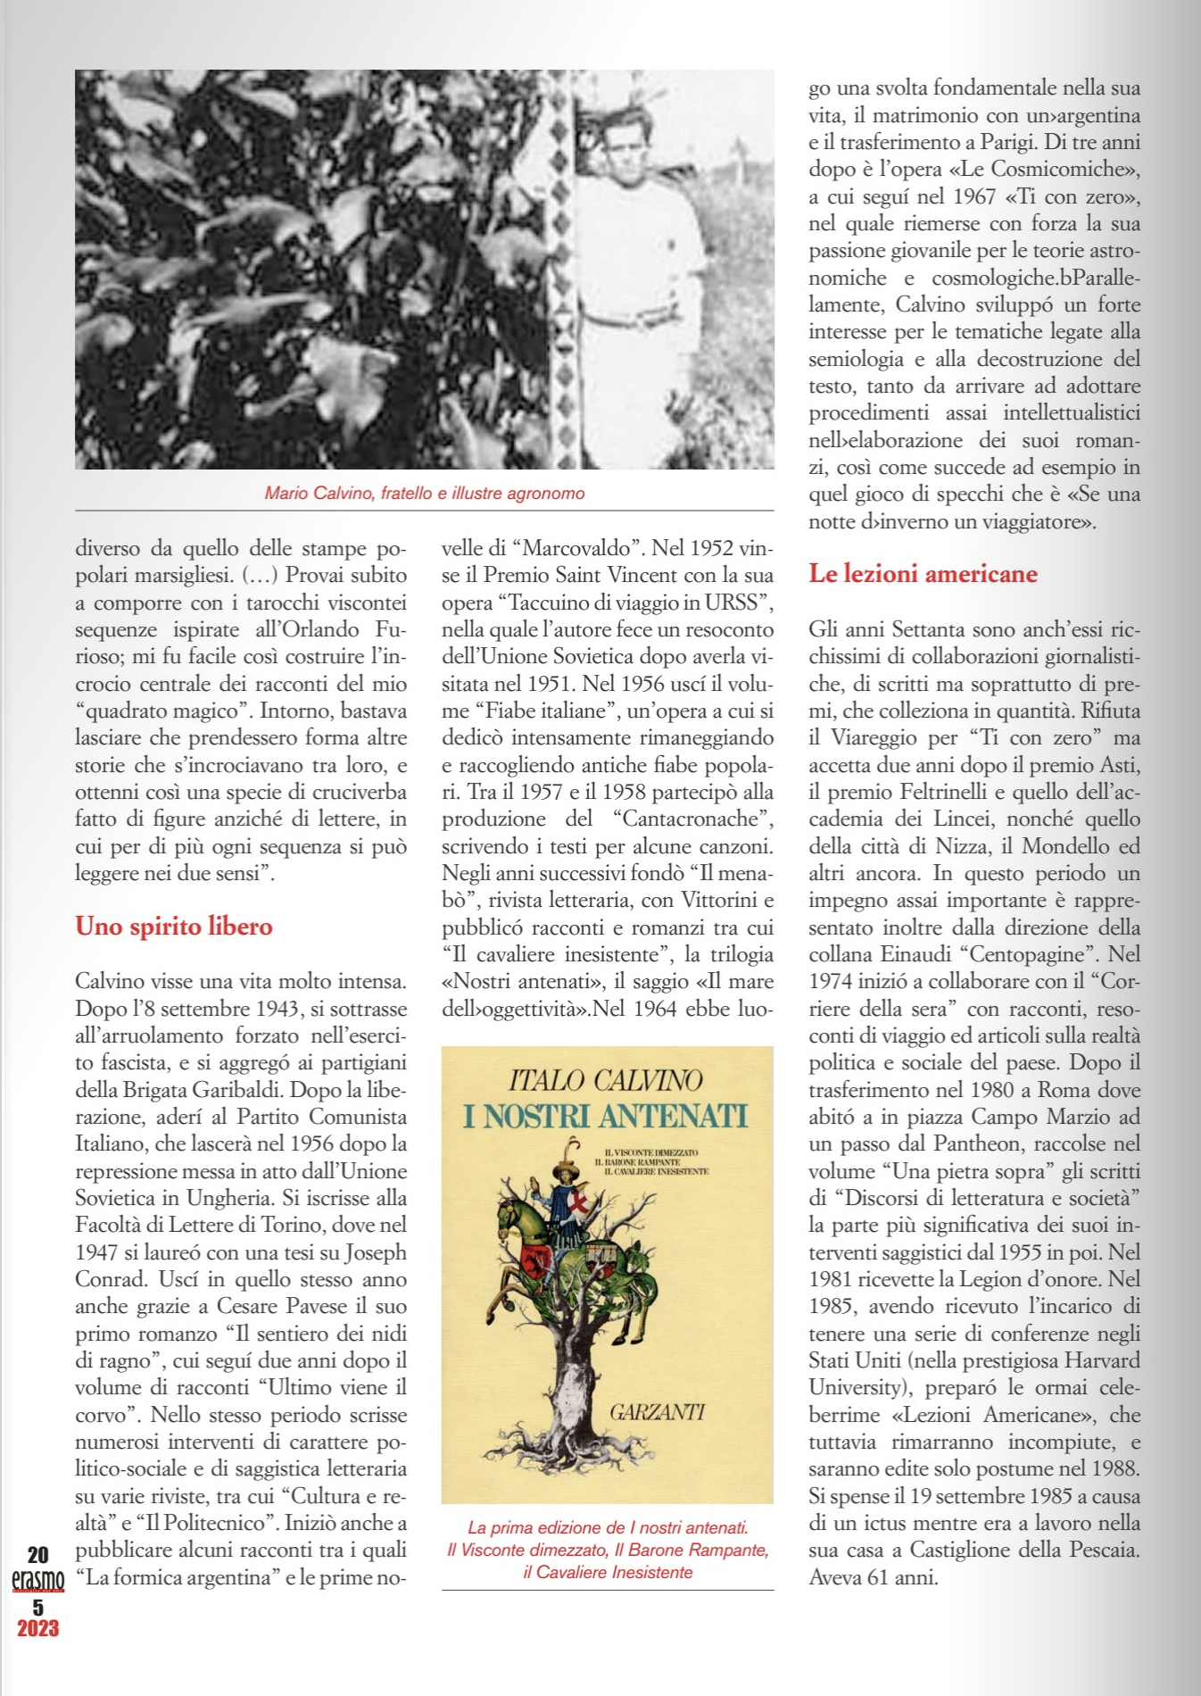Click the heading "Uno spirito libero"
point(174,927)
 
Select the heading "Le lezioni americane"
point(923,574)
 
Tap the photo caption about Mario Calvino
point(425,494)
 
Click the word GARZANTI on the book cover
point(657,1412)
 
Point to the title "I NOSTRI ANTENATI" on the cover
point(606,1116)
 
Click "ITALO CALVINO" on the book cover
point(606,1081)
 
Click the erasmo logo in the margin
point(37,1581)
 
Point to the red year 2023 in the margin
point(37,1628)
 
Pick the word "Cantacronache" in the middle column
point(692,819)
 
